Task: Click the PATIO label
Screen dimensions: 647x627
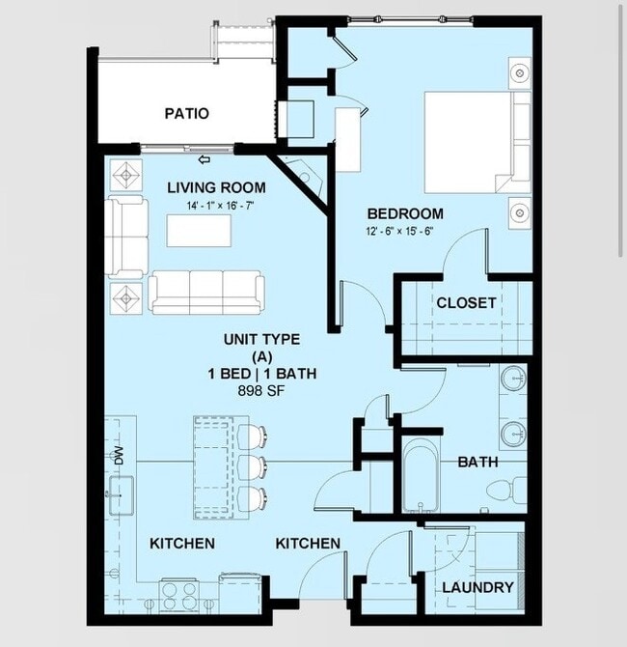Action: click(x=186, y=113)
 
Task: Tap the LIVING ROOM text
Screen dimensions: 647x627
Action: click(x=216, y=187)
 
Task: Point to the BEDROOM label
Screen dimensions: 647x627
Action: click(x=405, y=213)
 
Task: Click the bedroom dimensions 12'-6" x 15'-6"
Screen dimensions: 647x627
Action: click(x=405, y=231)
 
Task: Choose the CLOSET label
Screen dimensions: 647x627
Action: click(x=466, y=302)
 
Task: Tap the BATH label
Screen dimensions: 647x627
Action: click(x=477, y=462)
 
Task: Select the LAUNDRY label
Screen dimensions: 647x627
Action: click(x=477, y=587)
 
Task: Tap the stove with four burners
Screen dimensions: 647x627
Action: click(x=178, y=591)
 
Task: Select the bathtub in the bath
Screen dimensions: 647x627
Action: click(x=419, y=477)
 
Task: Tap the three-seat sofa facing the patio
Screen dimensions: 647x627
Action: click(x=206, y=291)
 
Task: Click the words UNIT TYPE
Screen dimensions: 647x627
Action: click(x=261, y=339)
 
